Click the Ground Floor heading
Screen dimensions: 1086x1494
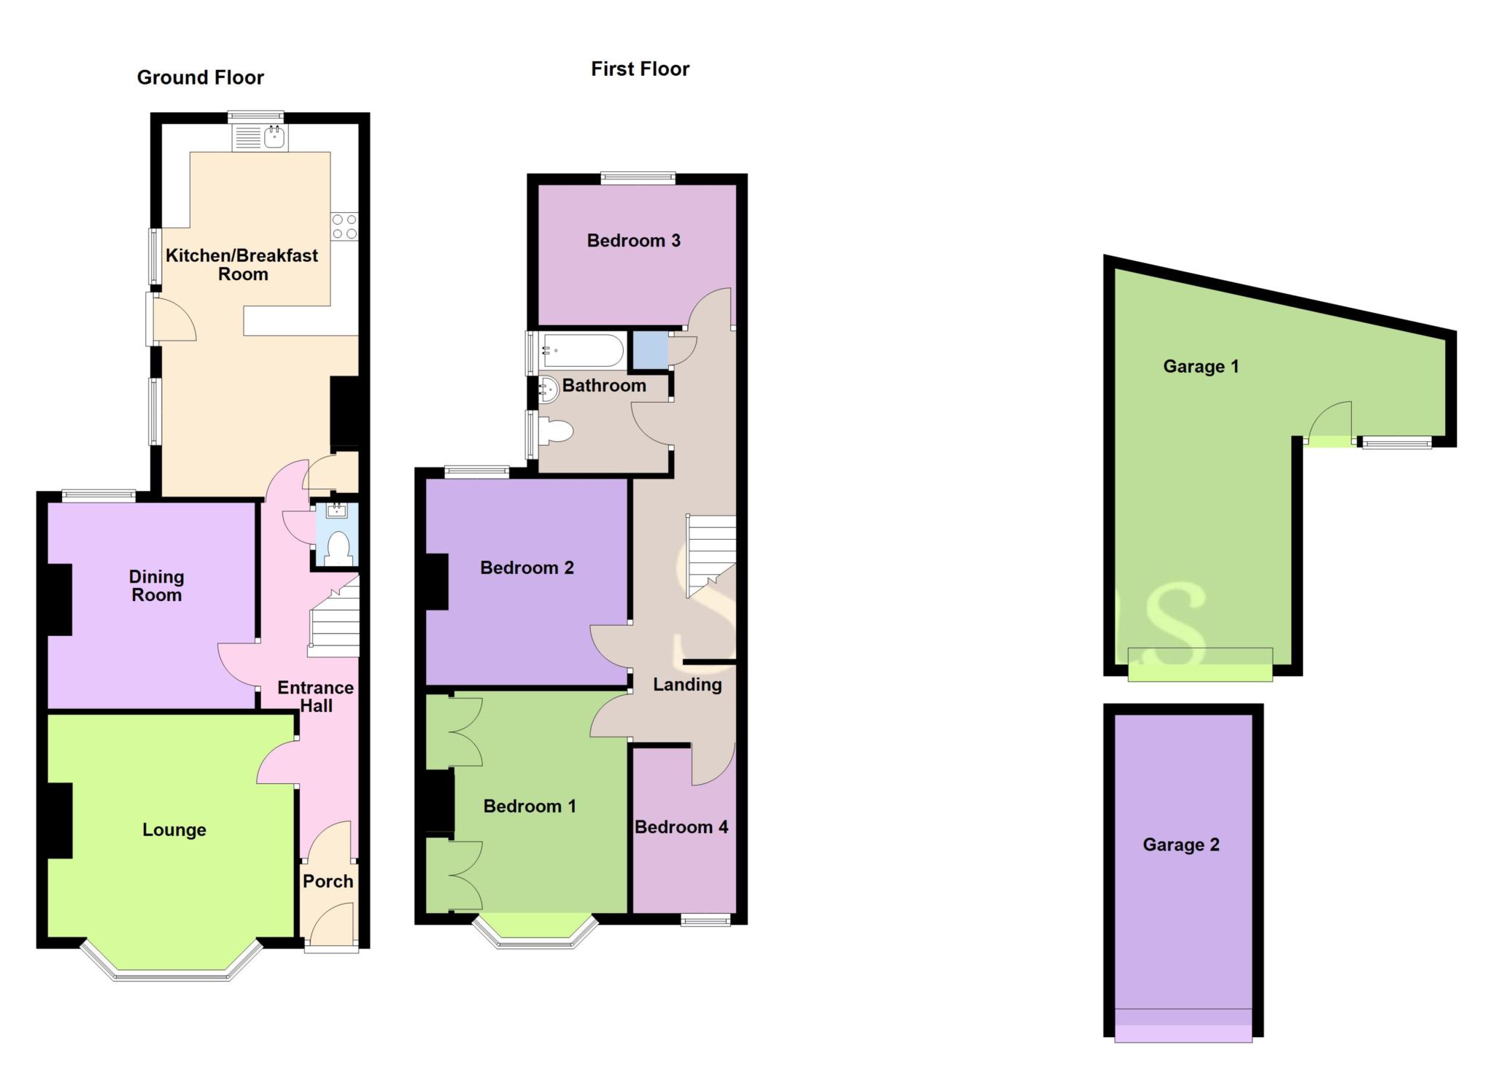[x=200, y=77]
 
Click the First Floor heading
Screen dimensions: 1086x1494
[x=640, y=69]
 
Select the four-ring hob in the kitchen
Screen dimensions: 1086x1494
[x=344, y=226]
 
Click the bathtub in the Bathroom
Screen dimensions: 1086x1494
[x=582, y=351]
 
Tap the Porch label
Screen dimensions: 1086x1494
[x=328, y=881]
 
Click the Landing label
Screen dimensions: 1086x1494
[x=687, y=684]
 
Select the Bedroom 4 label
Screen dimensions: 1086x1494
[x=681, y=827]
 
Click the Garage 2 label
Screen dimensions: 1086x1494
[x=1181, y=845]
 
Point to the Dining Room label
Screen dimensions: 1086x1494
[x=156, y=586]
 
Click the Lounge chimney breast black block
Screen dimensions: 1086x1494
[x=60, y=820]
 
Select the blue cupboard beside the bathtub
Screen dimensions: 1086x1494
[x=649, y=350]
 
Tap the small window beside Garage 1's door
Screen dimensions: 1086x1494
[x=1397, y=442]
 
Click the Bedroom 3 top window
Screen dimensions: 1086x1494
[x=638, y=177]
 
